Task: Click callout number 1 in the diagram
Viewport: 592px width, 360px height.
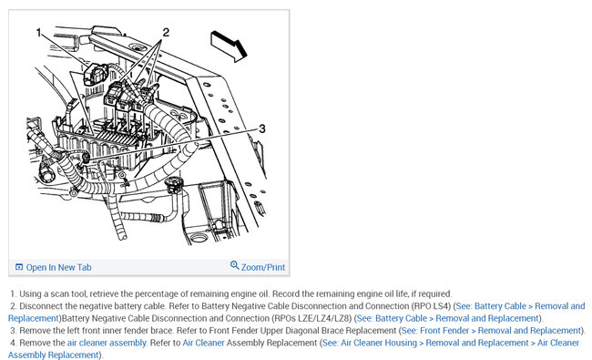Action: coord(38,33)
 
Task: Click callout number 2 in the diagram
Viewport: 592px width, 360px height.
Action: coord(166,33)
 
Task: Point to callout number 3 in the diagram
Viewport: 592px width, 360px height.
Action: coord(261,129)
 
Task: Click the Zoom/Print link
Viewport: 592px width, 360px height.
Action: coord(263,267)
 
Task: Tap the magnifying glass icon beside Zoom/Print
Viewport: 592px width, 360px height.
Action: coord(234,265)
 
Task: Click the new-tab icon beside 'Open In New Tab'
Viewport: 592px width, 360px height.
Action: coord(19,267)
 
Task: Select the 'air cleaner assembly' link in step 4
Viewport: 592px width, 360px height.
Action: coord(107,343)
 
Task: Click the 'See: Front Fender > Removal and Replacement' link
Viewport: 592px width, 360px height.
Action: coord(491,331)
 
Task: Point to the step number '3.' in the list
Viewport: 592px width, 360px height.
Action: coord(14,331)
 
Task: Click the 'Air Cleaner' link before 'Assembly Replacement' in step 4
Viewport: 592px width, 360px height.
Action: coord(203,343)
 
